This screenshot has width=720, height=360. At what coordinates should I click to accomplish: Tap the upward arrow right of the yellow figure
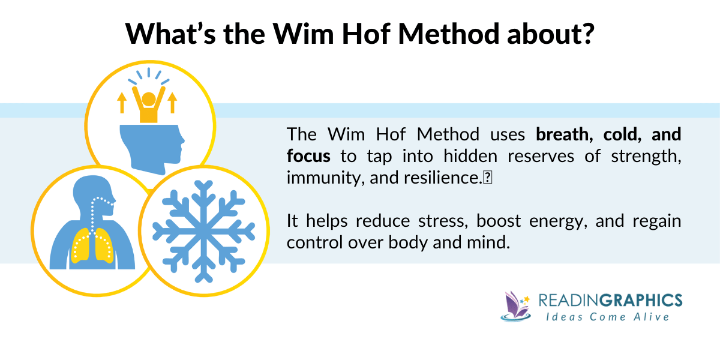pyautogui.click(x=173, y=103)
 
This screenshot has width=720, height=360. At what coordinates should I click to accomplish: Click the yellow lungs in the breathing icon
pyautogui.click(x=92, y=246)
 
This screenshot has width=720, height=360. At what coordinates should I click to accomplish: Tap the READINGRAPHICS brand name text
pyautogui.click(x=610, y=300)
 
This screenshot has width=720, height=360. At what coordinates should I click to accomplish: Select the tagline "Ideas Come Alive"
pyautogui.click(x=610, y=316)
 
